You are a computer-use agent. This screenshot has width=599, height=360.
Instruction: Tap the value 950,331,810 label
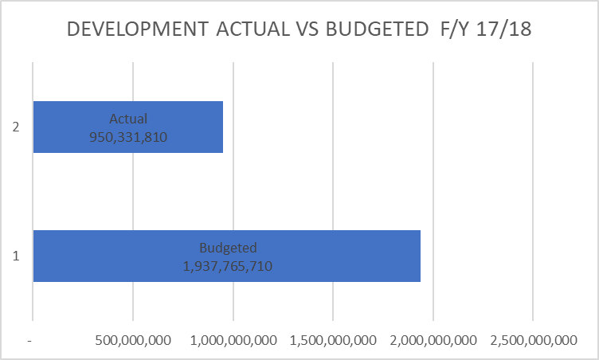tap(128, 136)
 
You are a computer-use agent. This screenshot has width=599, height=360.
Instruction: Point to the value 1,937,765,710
tap(227, 266)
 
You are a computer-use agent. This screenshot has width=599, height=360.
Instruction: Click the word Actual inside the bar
tap(128, 119)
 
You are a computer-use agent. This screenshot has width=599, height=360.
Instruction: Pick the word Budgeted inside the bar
tap(227, 248)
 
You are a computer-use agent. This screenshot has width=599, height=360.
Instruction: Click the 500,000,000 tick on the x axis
tap(133, 340)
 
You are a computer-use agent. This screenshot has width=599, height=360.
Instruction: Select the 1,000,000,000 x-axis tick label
tap(233, 340)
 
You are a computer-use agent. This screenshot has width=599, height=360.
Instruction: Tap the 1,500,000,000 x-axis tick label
tap(333, 340)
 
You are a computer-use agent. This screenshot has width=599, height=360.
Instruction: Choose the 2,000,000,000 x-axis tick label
tap(433, 340)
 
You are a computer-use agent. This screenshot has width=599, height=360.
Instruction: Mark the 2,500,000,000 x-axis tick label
tap(533, 340)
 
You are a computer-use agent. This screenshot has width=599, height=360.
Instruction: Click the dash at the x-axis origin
tap(29, 340)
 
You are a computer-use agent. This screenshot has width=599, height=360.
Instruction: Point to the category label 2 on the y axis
tap(15, 127)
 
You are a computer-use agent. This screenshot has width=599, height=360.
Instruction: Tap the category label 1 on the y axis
tap(15, 256)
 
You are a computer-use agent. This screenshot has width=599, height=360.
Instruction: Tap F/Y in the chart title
tap(455, 29)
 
